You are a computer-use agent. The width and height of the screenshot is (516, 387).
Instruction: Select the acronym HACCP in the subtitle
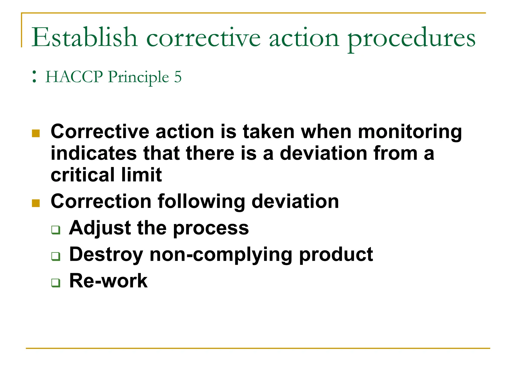coord(74,77)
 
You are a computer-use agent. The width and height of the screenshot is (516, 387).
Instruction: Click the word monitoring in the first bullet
coord(410,132)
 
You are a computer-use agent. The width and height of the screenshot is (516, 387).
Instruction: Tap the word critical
coord(82,175)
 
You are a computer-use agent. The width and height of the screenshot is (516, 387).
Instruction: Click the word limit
coord(141,175)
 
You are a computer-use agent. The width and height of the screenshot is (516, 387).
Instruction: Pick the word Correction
coord(101,201)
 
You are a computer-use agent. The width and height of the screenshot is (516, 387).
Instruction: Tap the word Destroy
coord(106,255)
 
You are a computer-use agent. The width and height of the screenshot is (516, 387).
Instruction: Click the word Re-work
coord(108,281)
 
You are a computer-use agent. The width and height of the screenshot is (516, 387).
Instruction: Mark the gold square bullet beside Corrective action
coord(36,133)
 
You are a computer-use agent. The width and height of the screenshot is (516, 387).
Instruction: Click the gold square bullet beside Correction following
coord(36,203)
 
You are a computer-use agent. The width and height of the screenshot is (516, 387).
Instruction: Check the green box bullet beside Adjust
coord(56,230)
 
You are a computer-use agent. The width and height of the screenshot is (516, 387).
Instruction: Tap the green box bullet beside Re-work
coord(56,283)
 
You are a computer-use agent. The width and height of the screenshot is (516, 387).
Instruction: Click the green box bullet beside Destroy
coord(56,256)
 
